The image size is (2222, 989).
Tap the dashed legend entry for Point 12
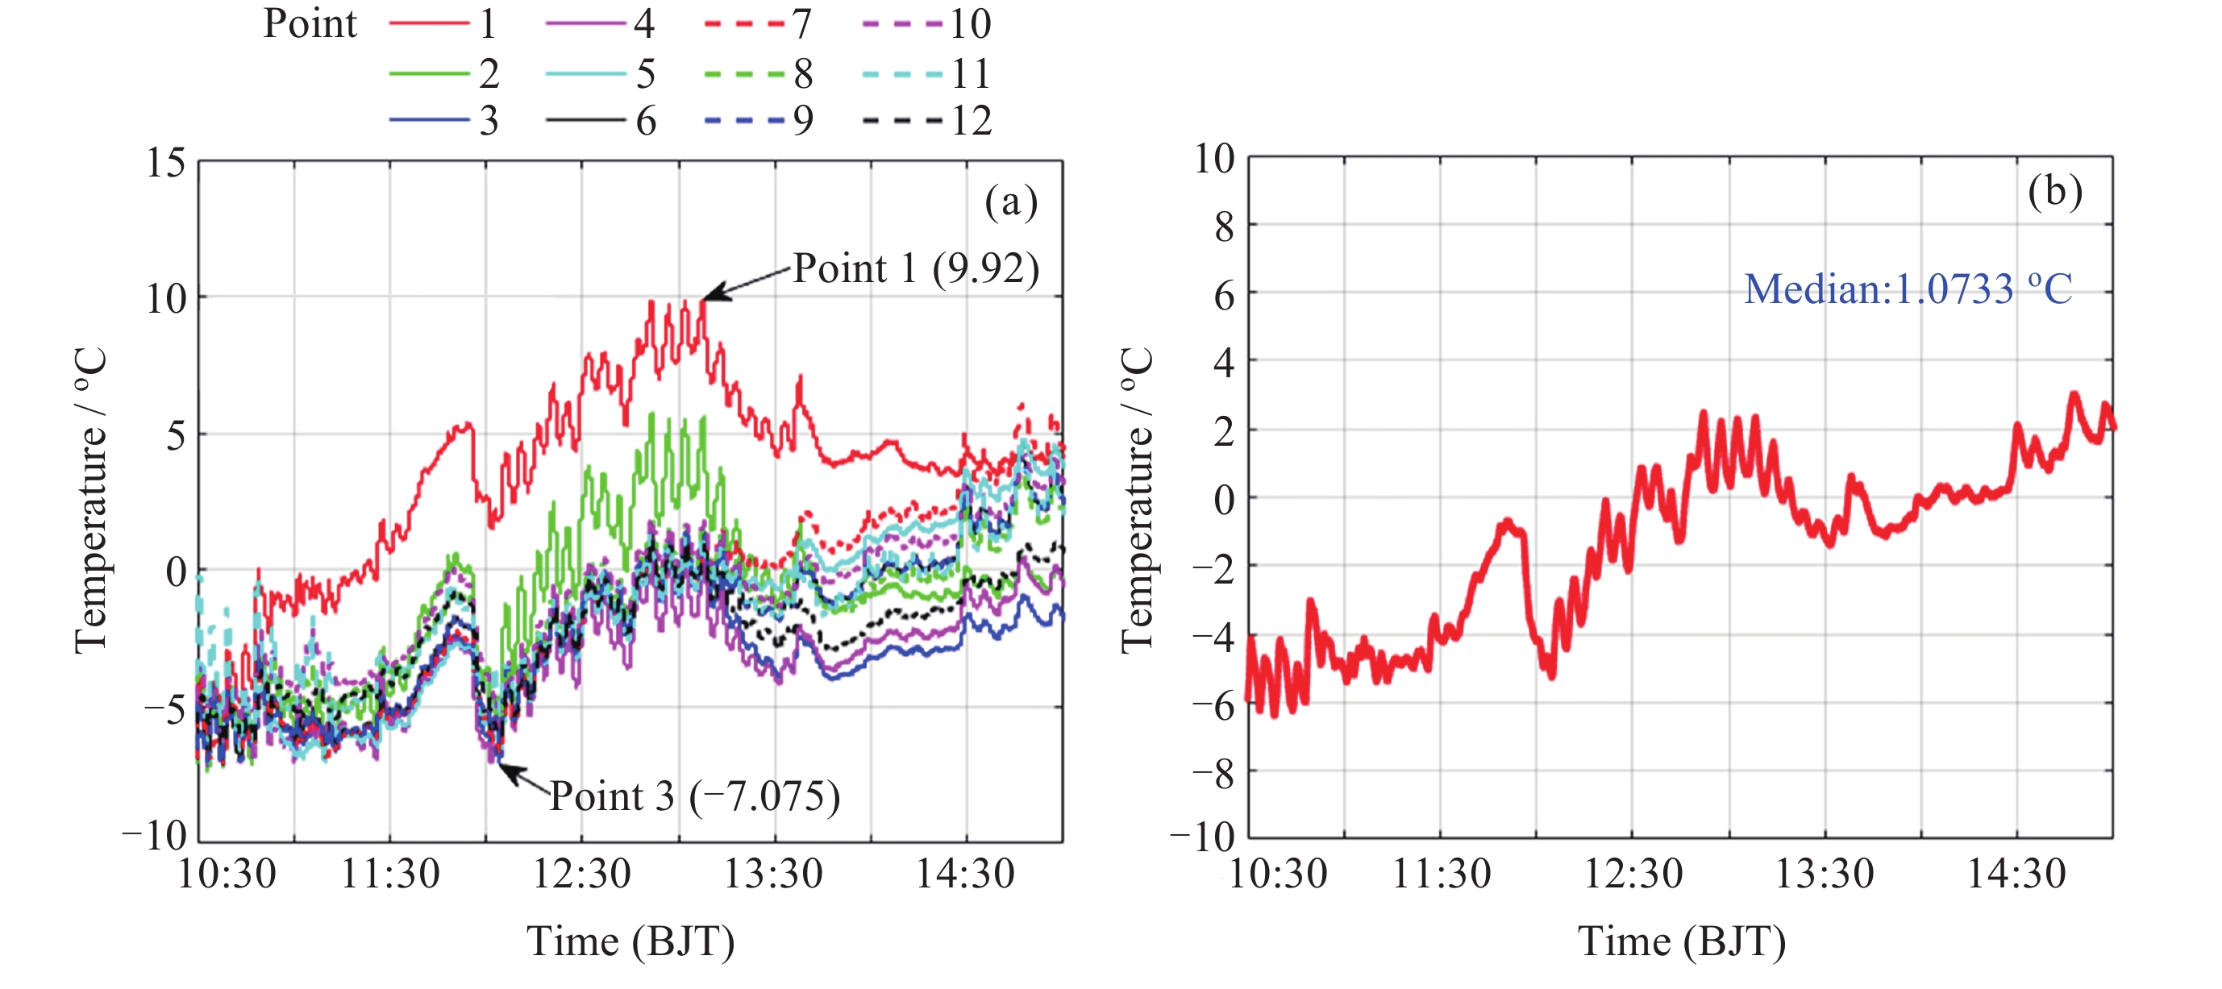927,121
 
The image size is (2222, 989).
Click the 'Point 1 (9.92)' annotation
915,268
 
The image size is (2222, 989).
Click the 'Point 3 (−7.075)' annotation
694,796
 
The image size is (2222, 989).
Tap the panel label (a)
1010,202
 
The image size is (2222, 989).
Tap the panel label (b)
2054,191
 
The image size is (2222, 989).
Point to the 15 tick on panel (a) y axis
165,162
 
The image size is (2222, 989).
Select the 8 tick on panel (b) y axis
1223,226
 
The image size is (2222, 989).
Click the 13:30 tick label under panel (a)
773,874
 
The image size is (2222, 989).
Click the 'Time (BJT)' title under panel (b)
1681,941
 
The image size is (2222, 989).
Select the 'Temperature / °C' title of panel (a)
90,500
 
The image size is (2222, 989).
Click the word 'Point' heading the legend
310,23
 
